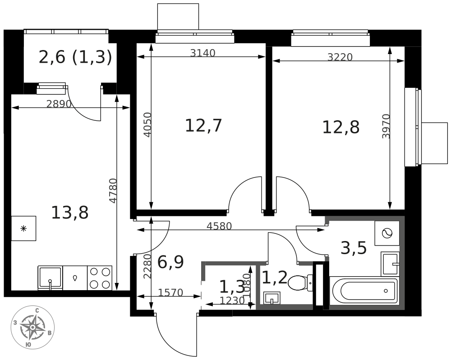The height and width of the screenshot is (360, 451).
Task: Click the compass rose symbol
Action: (x=32, y=327)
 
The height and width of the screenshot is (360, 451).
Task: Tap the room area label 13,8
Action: (x=69, y=212)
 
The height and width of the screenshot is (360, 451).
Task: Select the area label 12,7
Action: (x=203, y=125)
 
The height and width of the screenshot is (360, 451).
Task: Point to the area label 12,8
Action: (x=341, y=127)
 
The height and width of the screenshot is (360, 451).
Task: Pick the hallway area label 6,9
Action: (x=170, y=262)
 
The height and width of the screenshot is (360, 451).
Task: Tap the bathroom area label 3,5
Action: (x=353, y=248)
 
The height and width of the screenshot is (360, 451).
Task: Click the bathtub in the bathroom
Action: (x=364, y=291)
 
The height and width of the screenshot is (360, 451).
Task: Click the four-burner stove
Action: (x=100, y=278)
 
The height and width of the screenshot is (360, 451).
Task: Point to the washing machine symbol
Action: (x=387, y=233)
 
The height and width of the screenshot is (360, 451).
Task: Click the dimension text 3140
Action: (x=202, y=53)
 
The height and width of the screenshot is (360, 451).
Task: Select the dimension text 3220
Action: (x=340, y=57)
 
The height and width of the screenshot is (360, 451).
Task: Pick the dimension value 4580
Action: (x=219, y=226)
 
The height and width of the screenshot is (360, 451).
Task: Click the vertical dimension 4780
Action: (x=113, y=191)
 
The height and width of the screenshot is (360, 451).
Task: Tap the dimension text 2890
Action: (x=59, y=104)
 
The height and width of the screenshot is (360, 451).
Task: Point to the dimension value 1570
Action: (x=170, y=293)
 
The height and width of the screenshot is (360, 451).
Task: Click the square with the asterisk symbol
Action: (x=23, y=228)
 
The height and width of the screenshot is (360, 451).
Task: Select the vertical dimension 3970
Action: (x=386, y=126)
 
